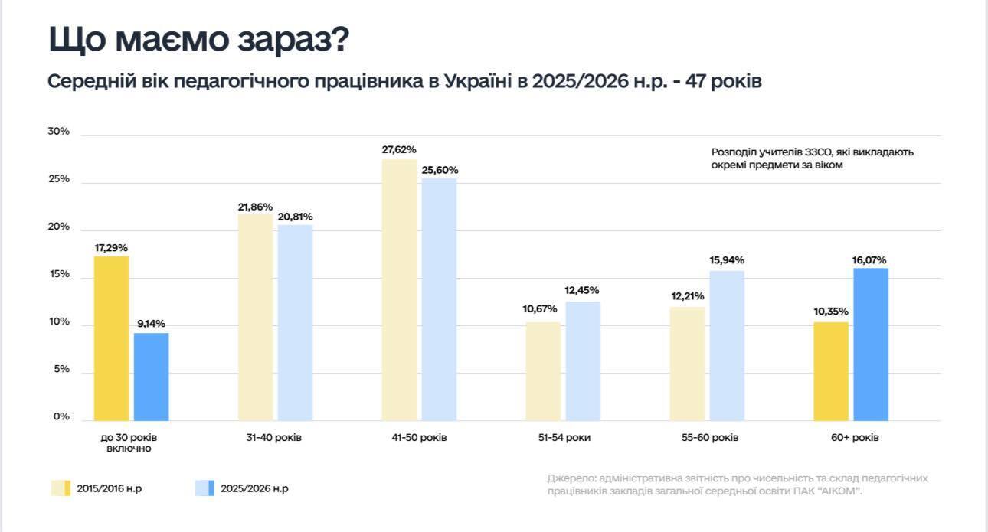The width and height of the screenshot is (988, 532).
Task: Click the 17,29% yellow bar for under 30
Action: pos(111,338)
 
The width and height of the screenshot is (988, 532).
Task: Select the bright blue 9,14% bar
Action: pos(151,376)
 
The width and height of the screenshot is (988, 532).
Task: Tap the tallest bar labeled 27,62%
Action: pos(399,289)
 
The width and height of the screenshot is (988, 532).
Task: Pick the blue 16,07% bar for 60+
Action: pos(871,344)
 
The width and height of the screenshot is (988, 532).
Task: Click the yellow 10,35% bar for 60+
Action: pos(831,370)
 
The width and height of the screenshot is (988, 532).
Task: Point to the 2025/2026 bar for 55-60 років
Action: pos(727,345)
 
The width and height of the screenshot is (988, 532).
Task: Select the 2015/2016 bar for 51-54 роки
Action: pos(543,370)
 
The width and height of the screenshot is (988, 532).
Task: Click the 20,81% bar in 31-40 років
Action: pos(295,322)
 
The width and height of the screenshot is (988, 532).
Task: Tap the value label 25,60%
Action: pos(439,170)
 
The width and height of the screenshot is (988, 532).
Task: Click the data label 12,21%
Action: pos(687,296)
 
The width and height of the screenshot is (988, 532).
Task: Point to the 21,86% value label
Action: pos(255,207)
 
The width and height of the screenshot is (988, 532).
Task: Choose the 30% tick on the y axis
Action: pos(58,132)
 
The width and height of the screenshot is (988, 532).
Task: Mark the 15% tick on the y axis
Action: pos(58,274)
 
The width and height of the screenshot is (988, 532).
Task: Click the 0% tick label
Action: pos(61,417)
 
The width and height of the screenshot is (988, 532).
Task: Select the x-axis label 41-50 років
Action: pos(420,438)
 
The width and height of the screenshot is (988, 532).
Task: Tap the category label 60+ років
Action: pos(852,438)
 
